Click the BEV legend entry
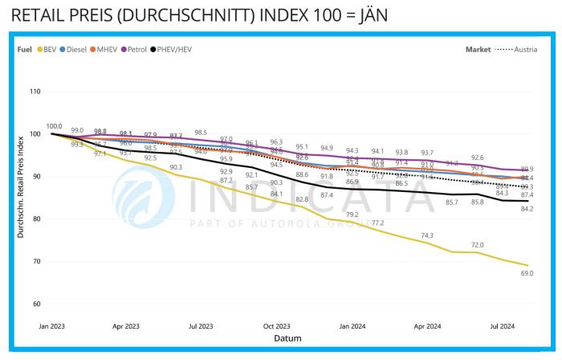[x=47, y=49]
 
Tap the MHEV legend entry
[x=106, y=49]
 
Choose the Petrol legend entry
[x=136, y=49]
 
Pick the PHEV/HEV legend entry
[x=172, y=49]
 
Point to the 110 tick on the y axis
[x=35, y=92]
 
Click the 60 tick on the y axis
[x=36, y=304]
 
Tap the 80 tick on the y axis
[x=36, y=219]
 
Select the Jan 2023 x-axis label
[x=53, y=327]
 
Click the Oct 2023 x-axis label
[x=277, y=327]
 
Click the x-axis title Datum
[x=287, y=338]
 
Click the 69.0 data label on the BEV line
[x=527, y=274]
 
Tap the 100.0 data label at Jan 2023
[x=54, y=126]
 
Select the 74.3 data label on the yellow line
[x=427, y=235]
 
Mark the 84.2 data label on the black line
[x=527, y=209]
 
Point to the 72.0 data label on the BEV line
[x=477, y=244]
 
